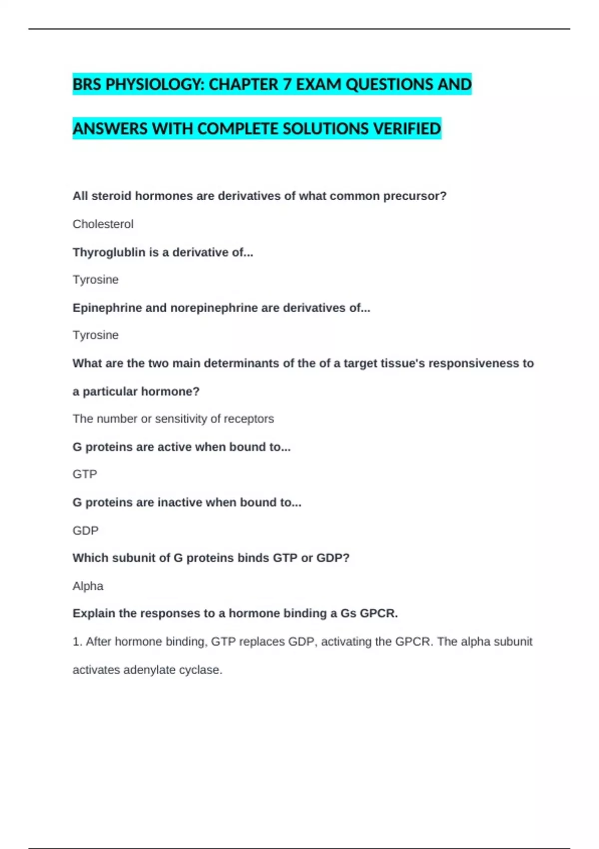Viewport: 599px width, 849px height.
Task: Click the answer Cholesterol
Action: (x=103, y=224)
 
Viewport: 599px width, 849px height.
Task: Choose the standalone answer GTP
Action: (x=85, y=474)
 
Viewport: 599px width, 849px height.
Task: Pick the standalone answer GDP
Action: (x=85, y=530)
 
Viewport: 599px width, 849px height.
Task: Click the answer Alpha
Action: (x=88, y=586)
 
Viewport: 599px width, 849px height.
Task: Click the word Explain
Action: (x=93, y=613)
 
